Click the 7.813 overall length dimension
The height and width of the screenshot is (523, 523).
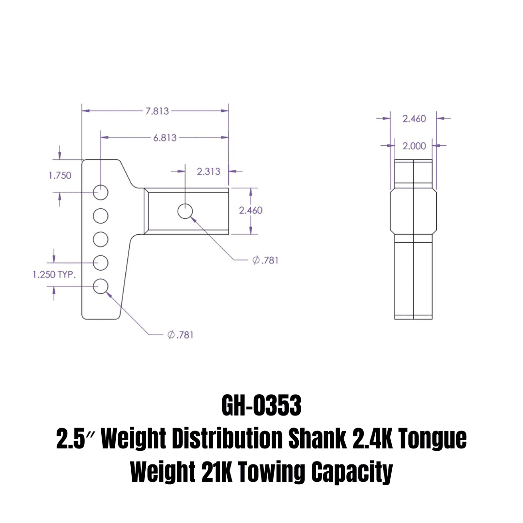click(157, 111)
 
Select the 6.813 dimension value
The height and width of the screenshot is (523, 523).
click(165, 138)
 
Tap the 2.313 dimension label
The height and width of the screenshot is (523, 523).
click(209, 171)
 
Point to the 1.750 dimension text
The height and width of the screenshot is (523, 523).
click(60, 175)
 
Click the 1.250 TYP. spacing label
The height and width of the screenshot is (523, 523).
click(54, 275)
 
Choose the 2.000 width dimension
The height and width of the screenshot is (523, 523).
click(414, 145)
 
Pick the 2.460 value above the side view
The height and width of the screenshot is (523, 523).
click(414, 119)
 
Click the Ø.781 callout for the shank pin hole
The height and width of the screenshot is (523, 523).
click(265, 260)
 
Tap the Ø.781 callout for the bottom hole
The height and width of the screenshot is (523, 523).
click(180, 335)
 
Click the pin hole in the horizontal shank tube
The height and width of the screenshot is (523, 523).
click(185, 211)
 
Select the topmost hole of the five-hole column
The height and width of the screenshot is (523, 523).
click(101, 192)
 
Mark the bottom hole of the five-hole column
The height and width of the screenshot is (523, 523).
click(101, 286)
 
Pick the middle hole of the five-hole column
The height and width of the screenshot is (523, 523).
click(101, 239)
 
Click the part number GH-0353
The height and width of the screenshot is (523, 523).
click(261, 406)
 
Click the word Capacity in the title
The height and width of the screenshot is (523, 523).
click(351, 472)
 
